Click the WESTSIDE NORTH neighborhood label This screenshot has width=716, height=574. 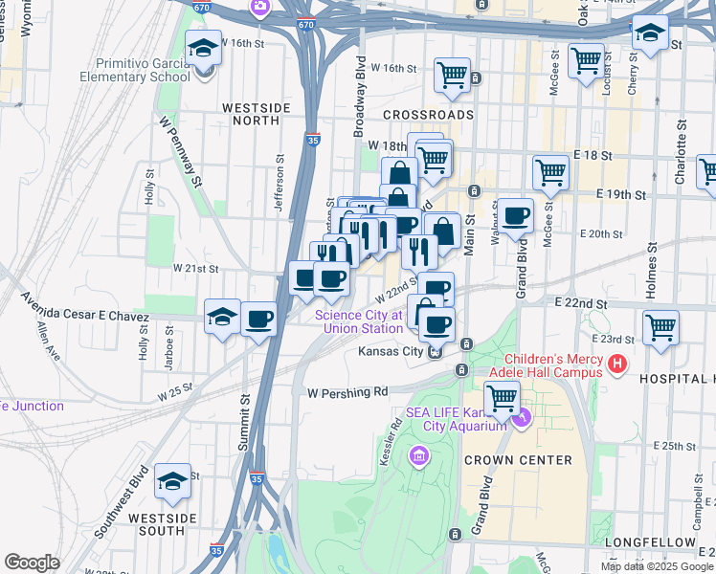click(x=250, y=114)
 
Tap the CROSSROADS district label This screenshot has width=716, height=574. click(x=428, y=114)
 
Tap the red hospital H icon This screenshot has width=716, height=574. click(x=617, y=364)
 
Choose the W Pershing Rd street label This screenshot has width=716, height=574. click(x=347, y=391)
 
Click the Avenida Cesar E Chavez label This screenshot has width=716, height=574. click(x=75, y=315)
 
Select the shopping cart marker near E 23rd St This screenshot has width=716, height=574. click(x=660, y=327)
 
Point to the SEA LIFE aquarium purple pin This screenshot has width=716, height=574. click(x=522, y=418)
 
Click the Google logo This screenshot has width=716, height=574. click(x=33, y=562)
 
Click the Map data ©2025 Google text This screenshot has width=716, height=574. click(x=657, y=566)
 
